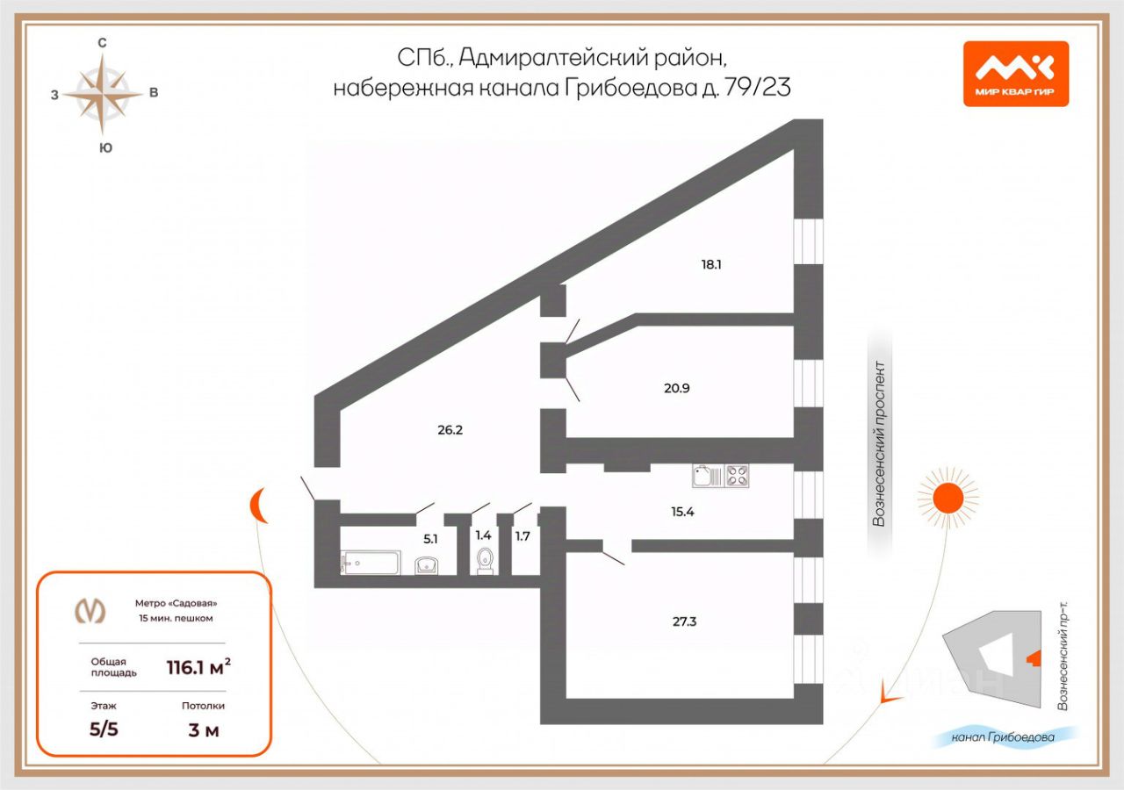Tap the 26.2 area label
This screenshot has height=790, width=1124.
click(x=450, y=430)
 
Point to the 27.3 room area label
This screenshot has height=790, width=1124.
click(x=685, y=621)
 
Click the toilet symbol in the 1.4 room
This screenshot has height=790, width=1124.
click(x=485, y=561)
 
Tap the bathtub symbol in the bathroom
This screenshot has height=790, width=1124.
click(x=371, y=562)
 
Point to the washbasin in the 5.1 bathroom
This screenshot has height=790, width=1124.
click(x=428, y=564)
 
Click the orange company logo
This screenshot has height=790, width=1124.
click(x=1015, y=74)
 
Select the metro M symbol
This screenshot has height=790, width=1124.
click(x=90, y=610)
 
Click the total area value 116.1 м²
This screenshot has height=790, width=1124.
click(x=198, y=668)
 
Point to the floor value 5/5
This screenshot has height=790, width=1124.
click(x=104, y=729)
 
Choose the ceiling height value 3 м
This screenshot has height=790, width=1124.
click(x=204, y=729)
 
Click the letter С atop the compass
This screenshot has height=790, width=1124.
click(x=103, y=42)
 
